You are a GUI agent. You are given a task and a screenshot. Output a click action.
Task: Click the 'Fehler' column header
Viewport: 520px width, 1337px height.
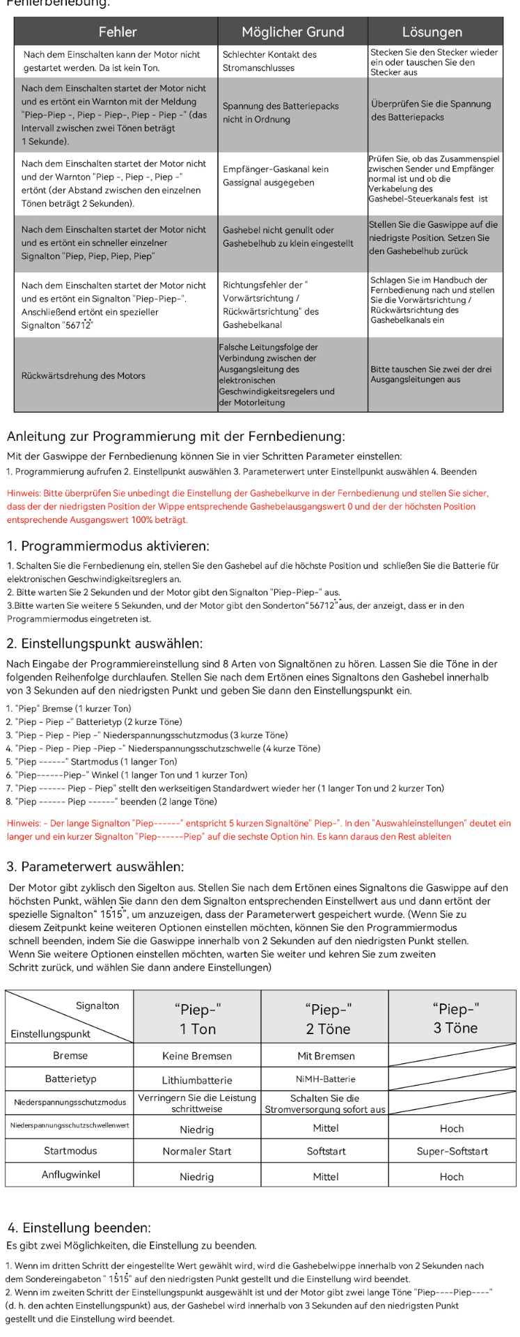click(x=117, y=31)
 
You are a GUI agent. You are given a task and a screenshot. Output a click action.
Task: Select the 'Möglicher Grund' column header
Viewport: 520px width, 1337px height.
click(x=292, y=31)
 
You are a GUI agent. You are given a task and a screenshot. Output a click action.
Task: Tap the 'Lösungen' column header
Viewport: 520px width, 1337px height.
click(x=432, y=31)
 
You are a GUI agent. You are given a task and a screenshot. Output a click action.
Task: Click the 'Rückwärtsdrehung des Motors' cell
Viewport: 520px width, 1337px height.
click(x=83, y=375)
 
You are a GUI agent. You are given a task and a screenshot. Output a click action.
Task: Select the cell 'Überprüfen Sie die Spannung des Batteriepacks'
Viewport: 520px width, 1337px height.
click(x=431, y=111)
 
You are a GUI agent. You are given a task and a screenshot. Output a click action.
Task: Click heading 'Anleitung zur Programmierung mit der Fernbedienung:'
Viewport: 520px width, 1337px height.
click(x=175, y=436)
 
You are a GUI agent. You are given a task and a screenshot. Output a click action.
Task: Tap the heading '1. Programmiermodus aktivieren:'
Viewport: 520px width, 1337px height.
click(x=108, y=546)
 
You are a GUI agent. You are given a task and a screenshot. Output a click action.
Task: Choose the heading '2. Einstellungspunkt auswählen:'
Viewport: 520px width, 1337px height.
click(x=104, y=643)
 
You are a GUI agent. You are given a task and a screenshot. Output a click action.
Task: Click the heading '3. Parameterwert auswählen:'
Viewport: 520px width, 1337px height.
click(x=95, y=866)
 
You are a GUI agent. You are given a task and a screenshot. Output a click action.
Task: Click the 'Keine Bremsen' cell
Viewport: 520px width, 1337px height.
click(x=197, y=1056)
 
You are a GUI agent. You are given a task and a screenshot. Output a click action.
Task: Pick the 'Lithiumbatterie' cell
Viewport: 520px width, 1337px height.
click(x=197, y=1079)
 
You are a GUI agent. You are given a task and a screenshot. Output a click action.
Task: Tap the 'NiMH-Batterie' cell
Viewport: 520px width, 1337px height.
click(x=325, y=1079)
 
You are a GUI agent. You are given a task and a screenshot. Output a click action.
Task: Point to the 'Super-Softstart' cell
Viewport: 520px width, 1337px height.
click(x=452, y=1151)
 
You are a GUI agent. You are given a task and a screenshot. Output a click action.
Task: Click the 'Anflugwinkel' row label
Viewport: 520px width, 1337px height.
click(x=71, y=1175)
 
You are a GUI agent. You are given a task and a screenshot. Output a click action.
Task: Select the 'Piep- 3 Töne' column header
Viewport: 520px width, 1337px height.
click(x=455, y=1018)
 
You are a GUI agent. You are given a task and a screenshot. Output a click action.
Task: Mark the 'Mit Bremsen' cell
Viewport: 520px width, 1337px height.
click(x=326, y=1056)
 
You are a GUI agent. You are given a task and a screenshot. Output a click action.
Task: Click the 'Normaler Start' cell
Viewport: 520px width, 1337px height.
click(x=197, y=1151)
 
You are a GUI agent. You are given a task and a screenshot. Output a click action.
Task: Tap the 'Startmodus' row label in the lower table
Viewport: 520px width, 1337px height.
click(x=70, y=1150)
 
